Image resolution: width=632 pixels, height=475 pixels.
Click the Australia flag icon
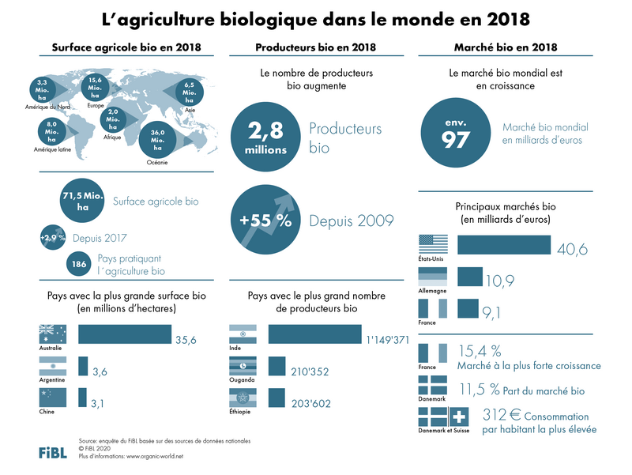[x=51, y=334]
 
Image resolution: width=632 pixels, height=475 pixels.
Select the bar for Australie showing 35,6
[x=125, y=334]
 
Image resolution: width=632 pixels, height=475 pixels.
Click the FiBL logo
[x=53, y=452]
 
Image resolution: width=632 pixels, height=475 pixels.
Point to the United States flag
[x=432, y=243]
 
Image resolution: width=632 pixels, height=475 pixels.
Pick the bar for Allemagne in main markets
[x=470, y=276]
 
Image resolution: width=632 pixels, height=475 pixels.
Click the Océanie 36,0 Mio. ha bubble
[x=158, y=140]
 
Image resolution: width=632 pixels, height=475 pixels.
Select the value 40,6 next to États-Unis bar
[x=573, y=250]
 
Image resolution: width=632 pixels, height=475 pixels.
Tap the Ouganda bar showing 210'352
[x=276, y=367]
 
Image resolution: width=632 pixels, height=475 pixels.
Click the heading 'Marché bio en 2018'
[x=506, y=47]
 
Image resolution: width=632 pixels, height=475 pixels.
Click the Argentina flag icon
[x=51, y=366]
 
